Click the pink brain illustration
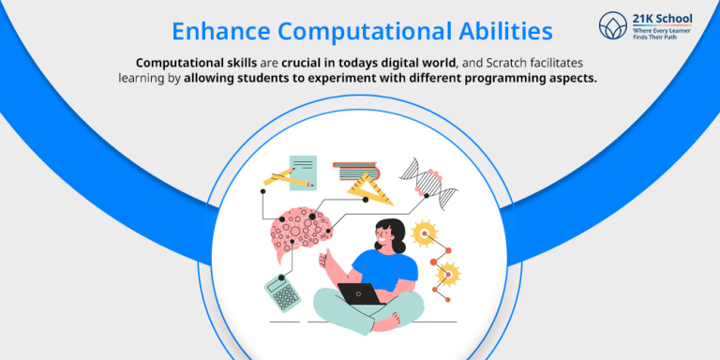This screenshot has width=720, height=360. [299, 228]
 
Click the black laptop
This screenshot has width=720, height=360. [361, 293]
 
